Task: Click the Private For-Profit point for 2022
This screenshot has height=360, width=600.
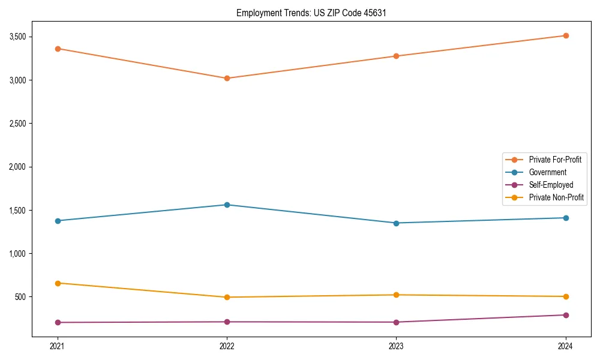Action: tap(227, 78)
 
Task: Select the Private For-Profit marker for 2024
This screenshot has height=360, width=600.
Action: tap(566, 35)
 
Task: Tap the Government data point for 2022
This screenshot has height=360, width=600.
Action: tap(227, 205)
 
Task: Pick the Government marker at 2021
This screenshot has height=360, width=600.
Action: tap(58, 221)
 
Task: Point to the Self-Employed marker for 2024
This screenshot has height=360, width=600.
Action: tap(566, 315)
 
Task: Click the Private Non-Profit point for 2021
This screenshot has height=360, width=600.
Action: tap(58, 283)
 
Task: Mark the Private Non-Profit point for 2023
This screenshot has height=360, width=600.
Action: tap(396, 295)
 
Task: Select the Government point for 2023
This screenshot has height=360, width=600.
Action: tap(396, 223)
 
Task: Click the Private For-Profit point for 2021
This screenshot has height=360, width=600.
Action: tap(58, 49)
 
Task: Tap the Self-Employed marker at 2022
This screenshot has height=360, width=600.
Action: tap(227, 322)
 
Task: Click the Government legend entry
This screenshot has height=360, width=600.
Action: tap(547, 172)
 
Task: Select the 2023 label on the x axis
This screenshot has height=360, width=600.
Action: tap(396, 346)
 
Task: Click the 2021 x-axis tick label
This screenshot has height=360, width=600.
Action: tap(58, 346)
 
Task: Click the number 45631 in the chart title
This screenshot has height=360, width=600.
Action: tap(368, 13)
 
